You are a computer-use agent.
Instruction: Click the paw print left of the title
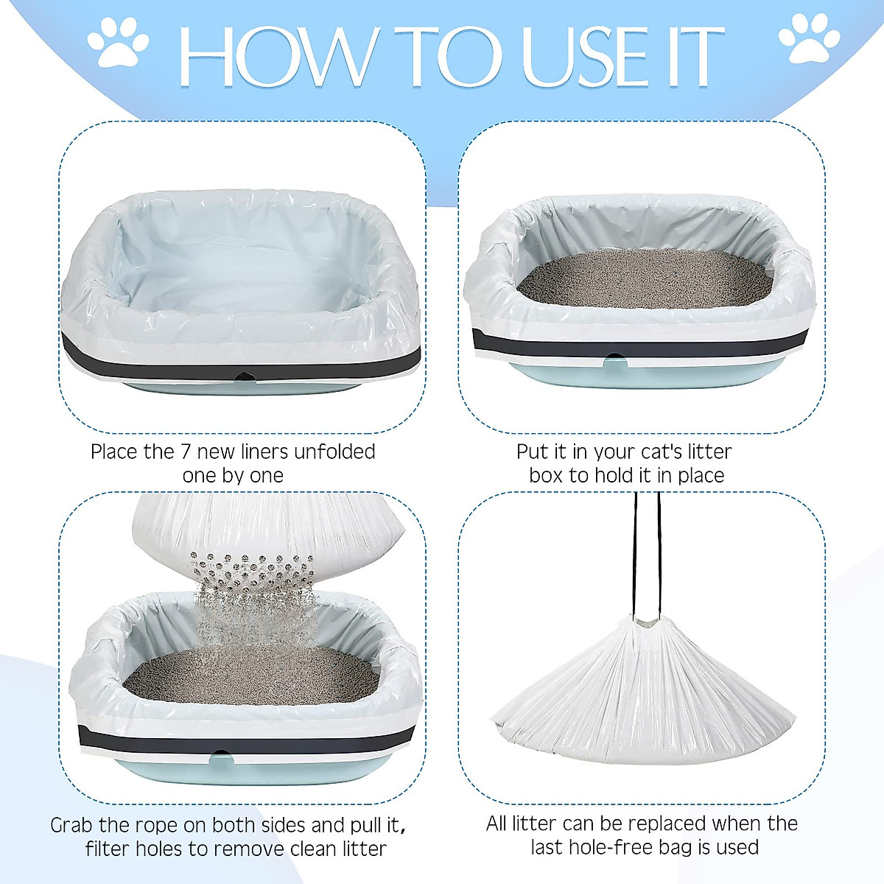click(118, 43)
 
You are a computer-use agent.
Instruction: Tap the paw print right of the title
click(808, 38)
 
